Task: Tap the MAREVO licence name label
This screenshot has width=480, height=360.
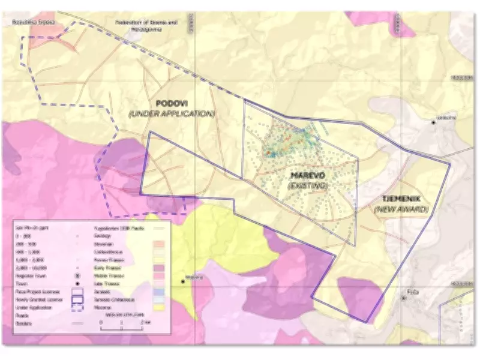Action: point(307,175)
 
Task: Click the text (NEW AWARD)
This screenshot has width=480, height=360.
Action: point(401,209)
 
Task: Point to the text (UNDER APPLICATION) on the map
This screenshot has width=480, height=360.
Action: point(172,113)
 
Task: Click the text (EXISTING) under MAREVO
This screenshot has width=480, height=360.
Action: point(308,186)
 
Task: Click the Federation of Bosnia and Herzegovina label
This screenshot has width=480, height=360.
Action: point(147,25)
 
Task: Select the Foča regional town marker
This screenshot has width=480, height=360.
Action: point(403,298)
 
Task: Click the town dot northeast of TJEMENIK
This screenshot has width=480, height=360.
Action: point(434,122)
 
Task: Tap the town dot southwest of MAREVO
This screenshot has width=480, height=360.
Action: point(182,280)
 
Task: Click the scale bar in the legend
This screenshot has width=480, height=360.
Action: point(121,329)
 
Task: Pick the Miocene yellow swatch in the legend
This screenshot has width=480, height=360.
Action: point(160,307)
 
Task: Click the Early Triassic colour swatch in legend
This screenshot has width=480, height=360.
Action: point(160,268)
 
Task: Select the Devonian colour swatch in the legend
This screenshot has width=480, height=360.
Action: point(160,244)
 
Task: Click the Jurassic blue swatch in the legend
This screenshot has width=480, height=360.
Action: point(160,291)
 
